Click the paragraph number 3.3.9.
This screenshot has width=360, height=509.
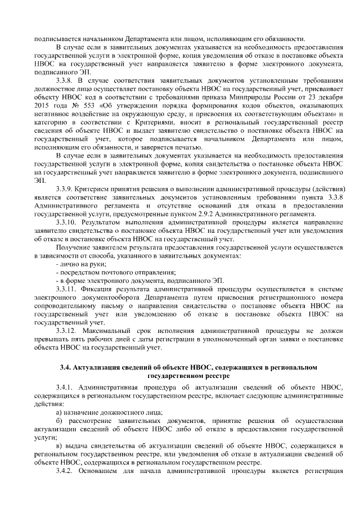click(x=67, y=187)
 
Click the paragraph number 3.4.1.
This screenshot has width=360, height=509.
click(x=67, y=388)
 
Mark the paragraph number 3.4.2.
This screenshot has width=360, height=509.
click(x=67, y=470)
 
